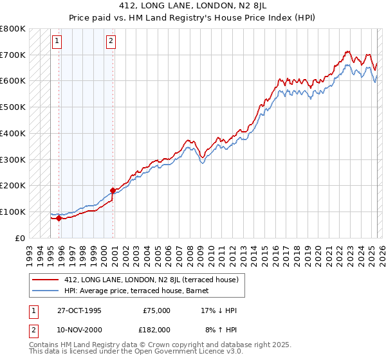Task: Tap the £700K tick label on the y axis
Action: click(13, 55)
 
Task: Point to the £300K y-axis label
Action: click(13, 159)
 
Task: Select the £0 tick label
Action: click(21, 238)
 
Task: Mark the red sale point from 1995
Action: click(59, 218)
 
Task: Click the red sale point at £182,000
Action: click(113, 190)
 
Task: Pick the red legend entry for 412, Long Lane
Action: click(151, 280)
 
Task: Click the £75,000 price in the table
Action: click(156, 310)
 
